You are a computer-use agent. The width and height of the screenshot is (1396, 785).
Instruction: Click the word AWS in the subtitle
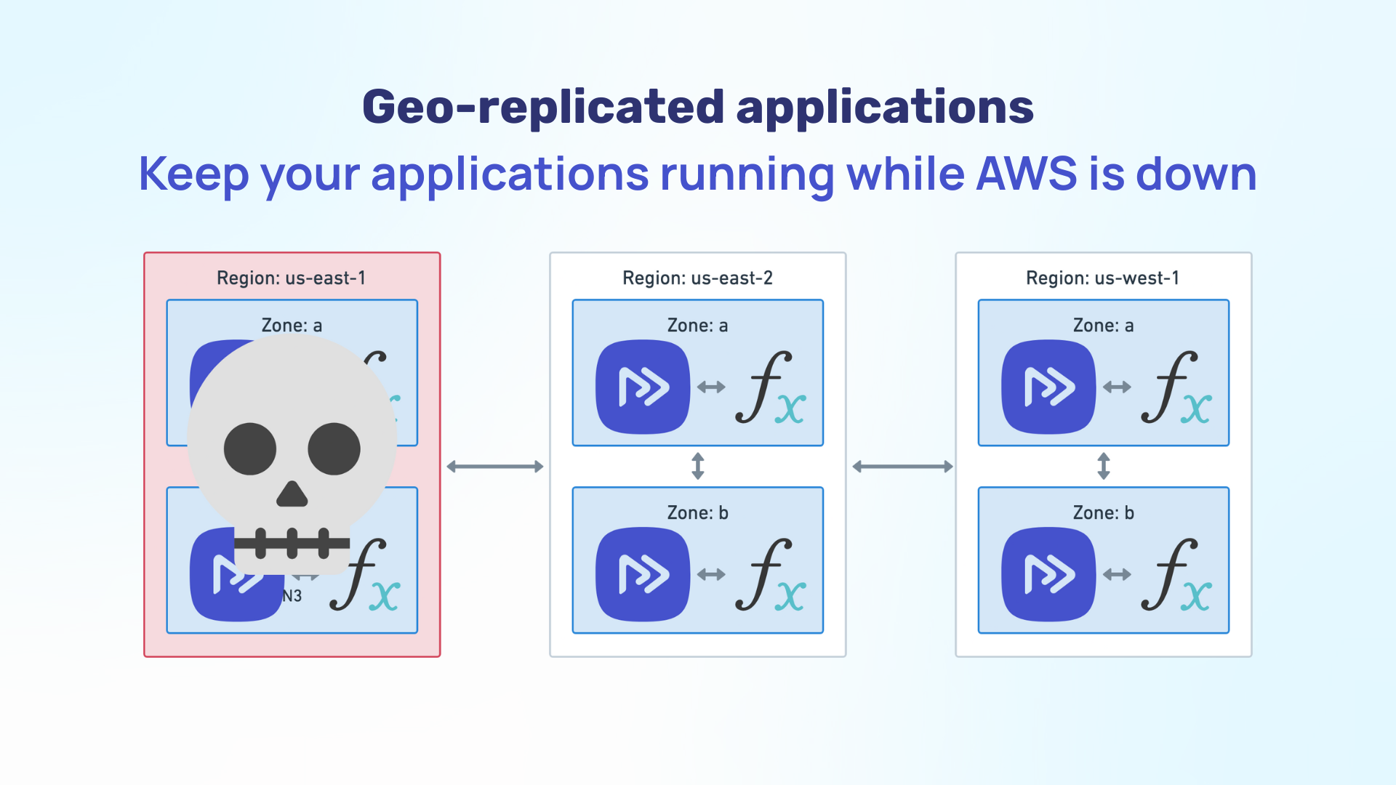coord(1026,174)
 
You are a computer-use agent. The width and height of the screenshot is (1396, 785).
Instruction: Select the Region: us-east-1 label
coord(292,278)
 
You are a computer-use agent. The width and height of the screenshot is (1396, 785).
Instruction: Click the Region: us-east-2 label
coord(697,278)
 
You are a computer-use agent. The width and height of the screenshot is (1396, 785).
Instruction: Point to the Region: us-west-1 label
coord(1103,278)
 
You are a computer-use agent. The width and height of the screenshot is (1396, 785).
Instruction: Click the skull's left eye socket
coord(250,449)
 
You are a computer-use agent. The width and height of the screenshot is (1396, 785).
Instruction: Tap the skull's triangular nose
coord(292,495)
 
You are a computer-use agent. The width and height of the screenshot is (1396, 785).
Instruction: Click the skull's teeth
coord(292,543)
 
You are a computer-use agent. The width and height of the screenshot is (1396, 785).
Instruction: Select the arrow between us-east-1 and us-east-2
coord(495,467)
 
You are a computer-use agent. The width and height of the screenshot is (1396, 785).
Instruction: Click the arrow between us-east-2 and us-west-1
coord(902,467)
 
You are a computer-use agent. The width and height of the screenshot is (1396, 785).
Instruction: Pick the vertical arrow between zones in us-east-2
coord(698,466)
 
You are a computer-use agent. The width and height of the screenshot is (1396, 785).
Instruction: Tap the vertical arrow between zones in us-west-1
coord(1104,466)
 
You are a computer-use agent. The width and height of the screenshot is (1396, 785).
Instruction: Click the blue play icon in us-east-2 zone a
coord(643,387)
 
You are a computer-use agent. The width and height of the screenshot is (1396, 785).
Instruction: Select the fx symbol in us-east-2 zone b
coord(769,575)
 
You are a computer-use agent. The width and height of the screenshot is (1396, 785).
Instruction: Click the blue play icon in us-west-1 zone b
coord(1048,574)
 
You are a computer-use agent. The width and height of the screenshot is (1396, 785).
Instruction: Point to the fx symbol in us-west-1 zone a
coord(1175,387)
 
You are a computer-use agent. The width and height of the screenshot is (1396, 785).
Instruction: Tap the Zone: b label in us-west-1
coord(1103,513)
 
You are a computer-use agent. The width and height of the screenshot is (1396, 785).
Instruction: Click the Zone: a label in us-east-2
coord(697,326)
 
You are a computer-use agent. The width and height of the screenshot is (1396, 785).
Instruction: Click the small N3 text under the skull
coord(292,596)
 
